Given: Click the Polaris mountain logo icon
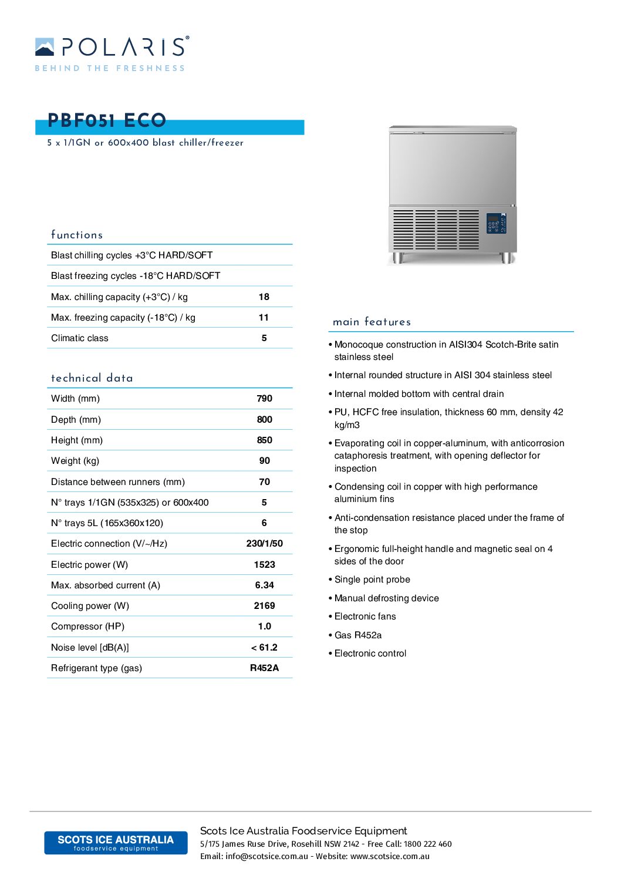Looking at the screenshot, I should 45,47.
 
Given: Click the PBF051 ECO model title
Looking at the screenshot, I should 107,121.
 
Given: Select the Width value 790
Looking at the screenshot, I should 264,399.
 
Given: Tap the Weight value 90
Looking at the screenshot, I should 264,461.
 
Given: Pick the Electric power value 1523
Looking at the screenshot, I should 264,565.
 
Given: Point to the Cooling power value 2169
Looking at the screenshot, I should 264,606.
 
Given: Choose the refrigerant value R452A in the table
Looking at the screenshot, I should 264,668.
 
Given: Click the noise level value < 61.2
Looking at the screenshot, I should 264,648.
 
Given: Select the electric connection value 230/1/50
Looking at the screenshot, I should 264,544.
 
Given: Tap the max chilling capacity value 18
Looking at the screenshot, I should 264,297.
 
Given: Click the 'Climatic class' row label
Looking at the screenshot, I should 80,338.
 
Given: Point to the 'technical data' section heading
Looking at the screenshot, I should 92,378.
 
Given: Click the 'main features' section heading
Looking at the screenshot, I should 372,322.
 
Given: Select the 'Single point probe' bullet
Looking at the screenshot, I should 372,580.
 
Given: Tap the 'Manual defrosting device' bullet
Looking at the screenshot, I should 386,598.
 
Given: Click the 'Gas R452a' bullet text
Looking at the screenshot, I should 358,635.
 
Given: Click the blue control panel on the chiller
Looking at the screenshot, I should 496,223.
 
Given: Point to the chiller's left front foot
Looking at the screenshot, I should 398,258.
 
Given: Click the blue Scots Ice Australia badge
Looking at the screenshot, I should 116,843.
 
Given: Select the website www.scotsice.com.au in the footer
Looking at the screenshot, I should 390,857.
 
